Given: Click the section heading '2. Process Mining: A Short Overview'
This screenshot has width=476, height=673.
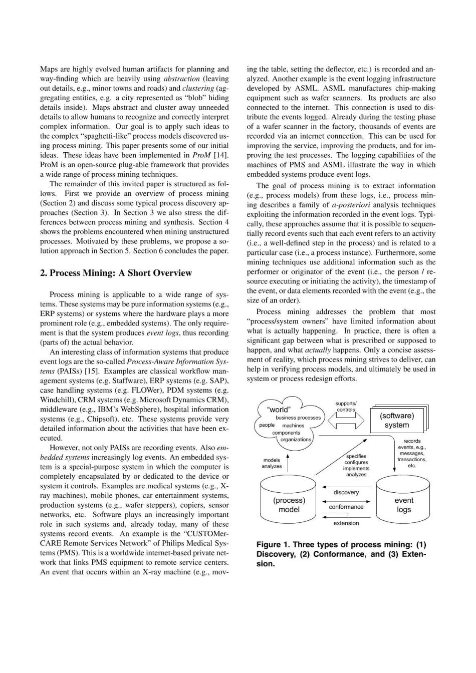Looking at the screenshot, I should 116,273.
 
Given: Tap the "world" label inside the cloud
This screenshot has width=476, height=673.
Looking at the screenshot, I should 279,409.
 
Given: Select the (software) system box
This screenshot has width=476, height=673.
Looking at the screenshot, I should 397,420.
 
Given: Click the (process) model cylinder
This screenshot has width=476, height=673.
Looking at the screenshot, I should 289,504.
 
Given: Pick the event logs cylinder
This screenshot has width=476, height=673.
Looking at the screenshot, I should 403,504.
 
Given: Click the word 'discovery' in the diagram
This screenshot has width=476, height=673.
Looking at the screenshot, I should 346,492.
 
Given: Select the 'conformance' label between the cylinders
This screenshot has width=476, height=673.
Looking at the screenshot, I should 346,507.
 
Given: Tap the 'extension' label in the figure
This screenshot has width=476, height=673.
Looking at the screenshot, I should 346,523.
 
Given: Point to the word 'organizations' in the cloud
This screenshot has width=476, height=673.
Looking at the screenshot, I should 296,439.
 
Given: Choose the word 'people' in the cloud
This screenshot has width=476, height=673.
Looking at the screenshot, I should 267,425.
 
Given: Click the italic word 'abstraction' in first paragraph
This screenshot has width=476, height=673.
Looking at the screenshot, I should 182,79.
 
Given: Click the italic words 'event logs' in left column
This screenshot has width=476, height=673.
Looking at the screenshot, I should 163,333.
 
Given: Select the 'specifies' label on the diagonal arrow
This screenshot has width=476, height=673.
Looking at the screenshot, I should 356,456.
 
